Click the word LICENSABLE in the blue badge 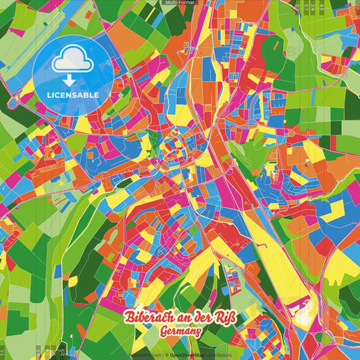[72, 95]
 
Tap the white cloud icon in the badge [72, 61]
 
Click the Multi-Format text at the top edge [180, 3]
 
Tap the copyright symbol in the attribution [165, 355]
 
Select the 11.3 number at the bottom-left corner [4, 351]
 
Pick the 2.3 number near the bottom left [61, 351]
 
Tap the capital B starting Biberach [128, 315]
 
